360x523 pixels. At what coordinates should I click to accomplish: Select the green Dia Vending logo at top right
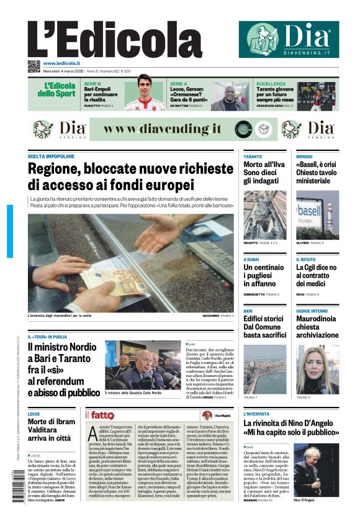(x=289, y=39)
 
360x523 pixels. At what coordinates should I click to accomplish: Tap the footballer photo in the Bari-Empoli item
(x=143, y=96)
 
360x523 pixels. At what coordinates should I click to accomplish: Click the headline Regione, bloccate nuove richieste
(x=130, y=176)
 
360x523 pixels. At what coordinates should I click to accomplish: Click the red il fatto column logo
(x=99, y=414)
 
